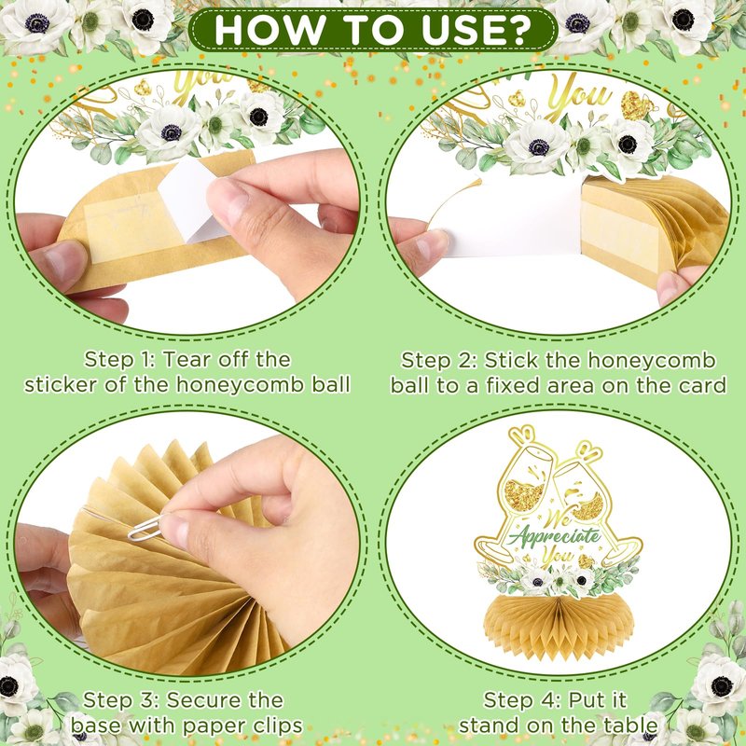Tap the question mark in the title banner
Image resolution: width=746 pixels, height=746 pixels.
point(519,31)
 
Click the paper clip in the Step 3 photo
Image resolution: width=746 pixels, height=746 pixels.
point(145,528)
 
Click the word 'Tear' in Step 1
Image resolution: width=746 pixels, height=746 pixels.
point(187,360)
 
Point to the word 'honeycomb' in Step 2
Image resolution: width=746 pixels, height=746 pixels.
point(651,361)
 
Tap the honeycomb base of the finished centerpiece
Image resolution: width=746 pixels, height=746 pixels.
point(559,623)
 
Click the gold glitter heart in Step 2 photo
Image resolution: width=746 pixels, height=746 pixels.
point(636,105)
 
